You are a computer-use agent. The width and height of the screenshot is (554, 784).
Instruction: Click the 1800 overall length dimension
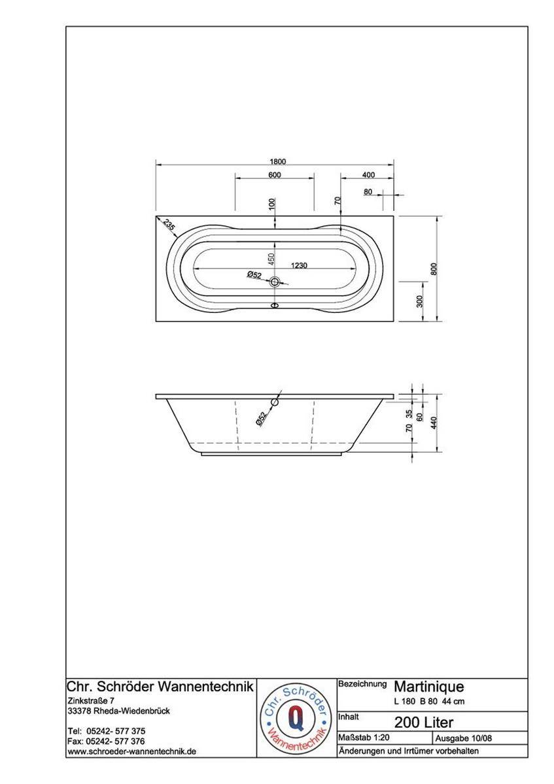point(278,161)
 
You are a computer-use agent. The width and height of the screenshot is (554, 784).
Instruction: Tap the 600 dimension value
point(274,174)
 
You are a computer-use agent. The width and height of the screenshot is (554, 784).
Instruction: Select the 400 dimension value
point(368,174)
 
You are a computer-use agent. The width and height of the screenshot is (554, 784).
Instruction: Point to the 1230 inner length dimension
point(299,265)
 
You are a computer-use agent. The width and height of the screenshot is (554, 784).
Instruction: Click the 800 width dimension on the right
point(434,269)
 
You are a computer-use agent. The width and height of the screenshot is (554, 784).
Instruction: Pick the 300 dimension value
point(420,301)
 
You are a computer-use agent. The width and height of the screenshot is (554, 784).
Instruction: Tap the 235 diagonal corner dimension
point(169,224)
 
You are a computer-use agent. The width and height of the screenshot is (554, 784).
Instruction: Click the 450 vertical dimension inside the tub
point(271,259)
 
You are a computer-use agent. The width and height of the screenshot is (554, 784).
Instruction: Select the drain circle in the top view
point(274,282)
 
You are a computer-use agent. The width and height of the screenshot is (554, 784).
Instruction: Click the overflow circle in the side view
point(274,402)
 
